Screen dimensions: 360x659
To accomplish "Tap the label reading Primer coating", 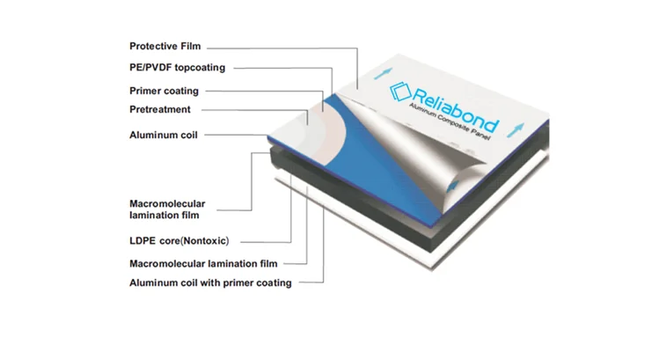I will (x=164, y=91).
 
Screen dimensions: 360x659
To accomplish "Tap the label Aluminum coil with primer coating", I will (x=210, y=283).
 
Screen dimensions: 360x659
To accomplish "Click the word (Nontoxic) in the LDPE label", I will (x=215, y=240).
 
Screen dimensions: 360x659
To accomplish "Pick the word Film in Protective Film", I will (x=189, y=46).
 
